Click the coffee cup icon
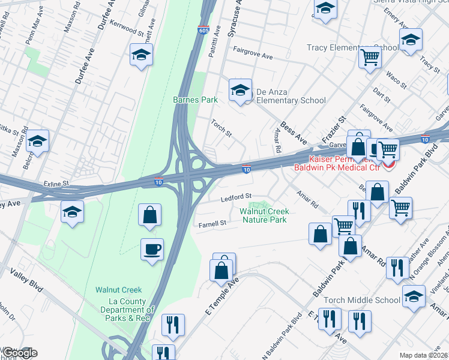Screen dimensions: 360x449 pos(152,248)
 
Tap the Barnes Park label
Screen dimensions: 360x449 pos(195,100)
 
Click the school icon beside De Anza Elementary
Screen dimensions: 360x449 pos(240,90)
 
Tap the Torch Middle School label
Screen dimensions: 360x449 pos(361,300)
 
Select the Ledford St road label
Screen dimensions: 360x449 pos(235,197)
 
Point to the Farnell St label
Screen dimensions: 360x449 pos(212,224)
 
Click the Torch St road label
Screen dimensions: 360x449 pos(221,127)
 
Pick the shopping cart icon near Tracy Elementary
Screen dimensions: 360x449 pos(370,58)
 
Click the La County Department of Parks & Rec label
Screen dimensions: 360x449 pos(127,310)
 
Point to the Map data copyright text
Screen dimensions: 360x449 pos(423,355)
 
